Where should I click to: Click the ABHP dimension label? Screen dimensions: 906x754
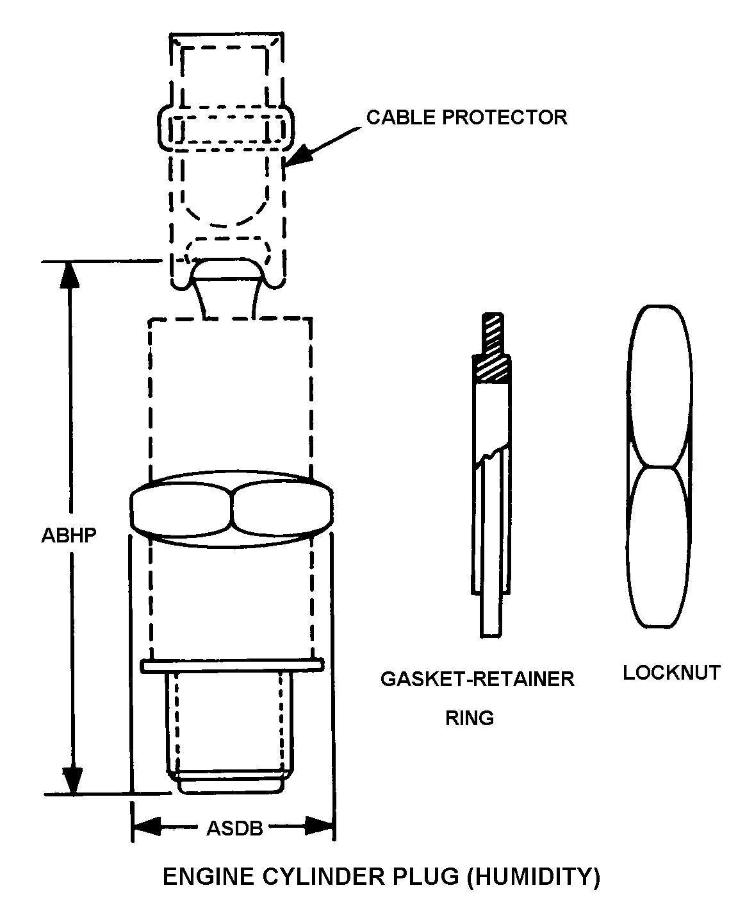[x=69, y=535]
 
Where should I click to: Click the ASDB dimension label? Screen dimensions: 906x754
[x=234, y=828]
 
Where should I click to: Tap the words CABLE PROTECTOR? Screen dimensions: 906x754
[x=466, y=117]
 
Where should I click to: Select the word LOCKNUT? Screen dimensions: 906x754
[x=671, y=673]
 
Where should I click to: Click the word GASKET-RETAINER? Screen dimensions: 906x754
[x=477, y=679]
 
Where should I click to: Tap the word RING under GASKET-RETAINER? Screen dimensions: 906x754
[x=470, y=718]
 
